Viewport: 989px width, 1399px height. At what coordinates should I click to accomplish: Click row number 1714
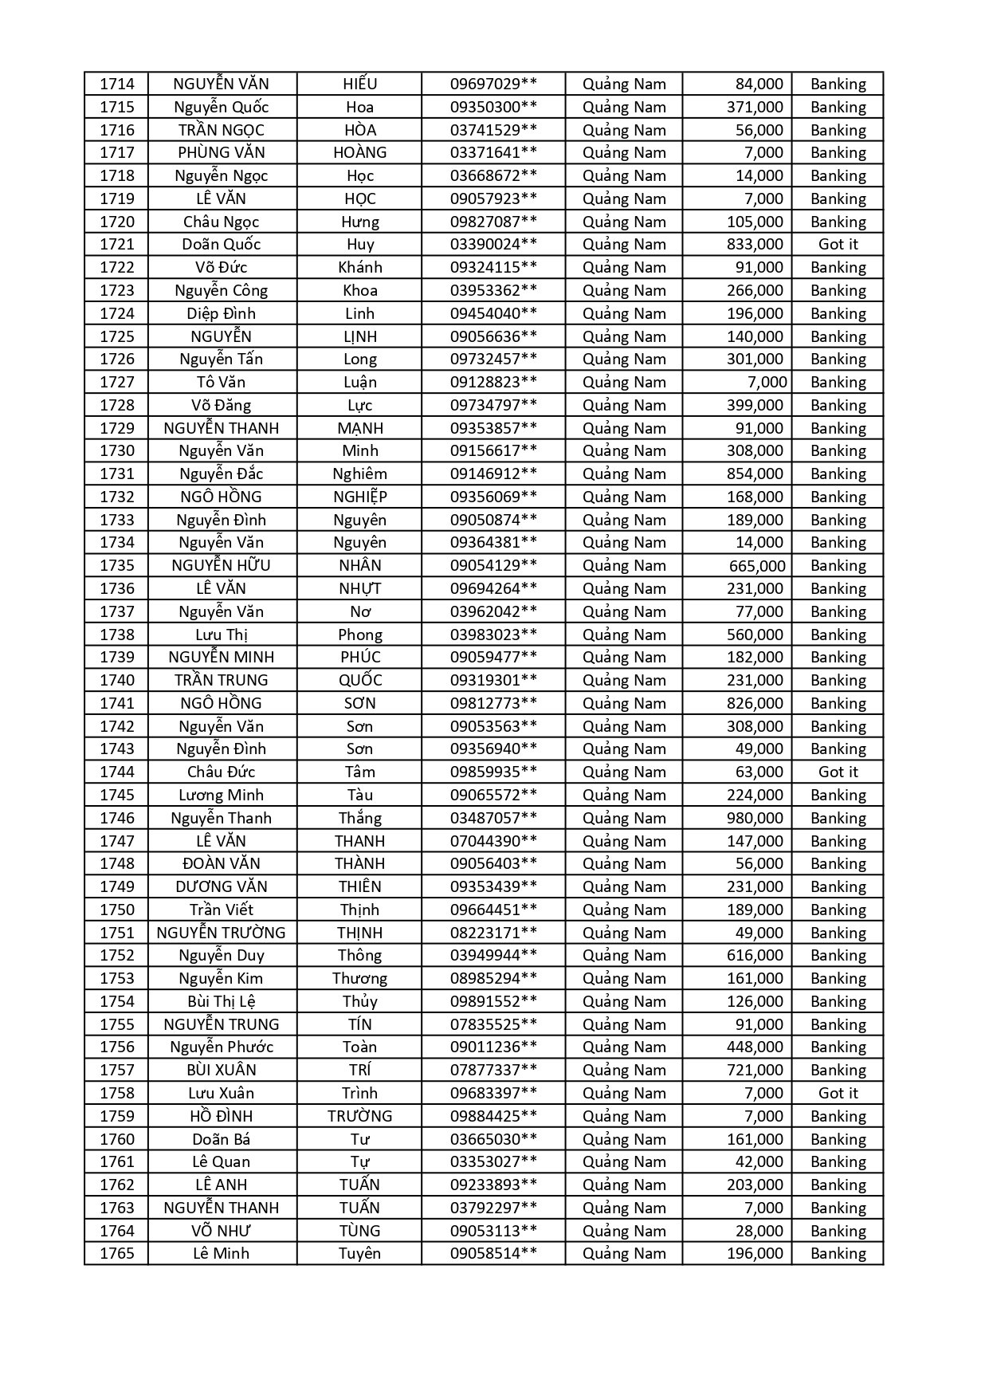pyautogui.click(x=117, y=84)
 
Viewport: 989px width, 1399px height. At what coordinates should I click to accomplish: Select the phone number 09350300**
pyautogui.click(x=493, y=107)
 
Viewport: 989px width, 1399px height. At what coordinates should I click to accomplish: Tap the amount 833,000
pyautogui.click(x=754, y=245)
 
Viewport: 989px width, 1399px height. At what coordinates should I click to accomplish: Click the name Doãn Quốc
pyautogui.click(x=222, y=245)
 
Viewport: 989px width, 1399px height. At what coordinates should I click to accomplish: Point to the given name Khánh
pyautogui.click(x=359, y=268)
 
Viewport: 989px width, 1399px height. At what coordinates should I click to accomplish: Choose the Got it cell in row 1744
pyautogui.click(x=838, y=772)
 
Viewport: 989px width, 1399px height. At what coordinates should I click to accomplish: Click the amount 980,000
pyautogui.click(x=754, y=818)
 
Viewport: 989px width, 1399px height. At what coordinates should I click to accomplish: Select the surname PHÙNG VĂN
pyautogui.click(x=222, y=153)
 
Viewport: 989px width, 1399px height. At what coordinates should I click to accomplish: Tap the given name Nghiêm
pyautogui.click(x=359, y=474)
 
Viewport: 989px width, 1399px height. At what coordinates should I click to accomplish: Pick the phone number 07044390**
pyautogui.click(x=493, y=841)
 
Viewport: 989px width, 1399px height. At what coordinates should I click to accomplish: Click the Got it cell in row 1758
pyautogui.click(x=838, y=1093)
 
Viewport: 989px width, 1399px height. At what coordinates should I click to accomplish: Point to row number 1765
pyautogui.click(x=117, y=1253)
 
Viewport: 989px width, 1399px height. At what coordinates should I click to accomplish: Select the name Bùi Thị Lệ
pyautogui.click(x=222, y=1001)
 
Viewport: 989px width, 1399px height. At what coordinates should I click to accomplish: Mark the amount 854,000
pyautogui.click(x=754, y=474)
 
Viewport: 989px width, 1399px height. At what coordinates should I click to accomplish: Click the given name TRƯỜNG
pyautogui.click(x=359, y=1116)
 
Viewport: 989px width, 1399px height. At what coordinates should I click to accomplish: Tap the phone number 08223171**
pyautogui.click(x=493, y=933)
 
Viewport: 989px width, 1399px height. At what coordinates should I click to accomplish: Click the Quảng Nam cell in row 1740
pyautogui.click(x=624, y=680)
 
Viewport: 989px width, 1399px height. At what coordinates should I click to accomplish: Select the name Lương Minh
pyautogui.click(x=222, y=795)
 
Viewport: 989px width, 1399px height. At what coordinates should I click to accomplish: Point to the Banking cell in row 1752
pyautogui.click(x=838, y=955)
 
